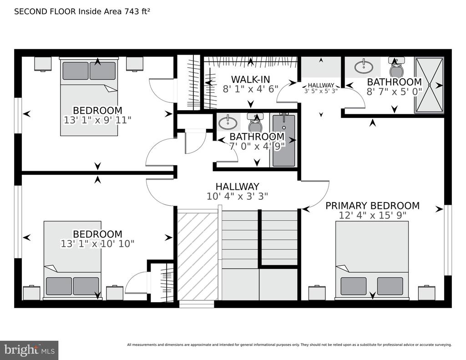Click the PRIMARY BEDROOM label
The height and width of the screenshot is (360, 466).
[x=372, y=205]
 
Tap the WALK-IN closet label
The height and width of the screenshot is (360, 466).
[x=251, y=79]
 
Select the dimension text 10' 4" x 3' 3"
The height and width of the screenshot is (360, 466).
[x=237, y=196]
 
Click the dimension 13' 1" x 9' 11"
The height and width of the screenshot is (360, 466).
[x=97, y=120]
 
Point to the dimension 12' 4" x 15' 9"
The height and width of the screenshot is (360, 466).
[x=372, y=215]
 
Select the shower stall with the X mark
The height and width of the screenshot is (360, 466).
[x=429, y=85]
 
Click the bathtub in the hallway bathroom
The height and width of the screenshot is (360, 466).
[x=284, y=140]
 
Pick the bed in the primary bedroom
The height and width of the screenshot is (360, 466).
[x=372, y=260]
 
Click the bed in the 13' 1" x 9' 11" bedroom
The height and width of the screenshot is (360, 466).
[x=89, y=96]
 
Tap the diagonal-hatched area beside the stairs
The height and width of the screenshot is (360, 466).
[x=198, y=256]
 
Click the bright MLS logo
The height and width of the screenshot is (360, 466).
[x=29, y=350]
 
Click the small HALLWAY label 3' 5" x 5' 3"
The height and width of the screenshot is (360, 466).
[x=321, y=88]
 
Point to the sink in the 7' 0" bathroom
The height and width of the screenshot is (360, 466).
[x=228, y=122]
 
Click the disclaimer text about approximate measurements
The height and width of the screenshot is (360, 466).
[x=289, y=345]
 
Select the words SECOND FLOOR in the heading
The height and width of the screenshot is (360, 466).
[x=45, y=11]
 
